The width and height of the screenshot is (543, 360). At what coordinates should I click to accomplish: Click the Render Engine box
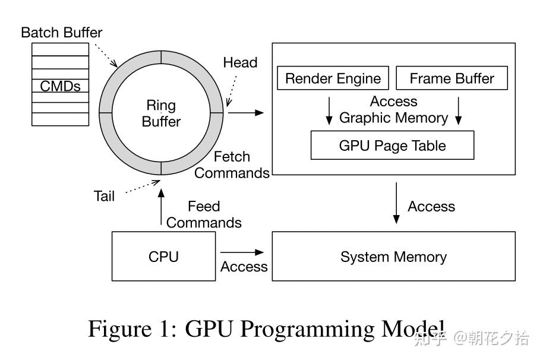tap(333, 78)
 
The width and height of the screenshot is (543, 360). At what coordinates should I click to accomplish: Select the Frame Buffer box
tap(452, 78)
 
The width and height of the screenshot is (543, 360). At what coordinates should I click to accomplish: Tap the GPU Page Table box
tap(392, 145)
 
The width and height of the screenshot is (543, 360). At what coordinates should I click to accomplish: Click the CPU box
tap(163, 257)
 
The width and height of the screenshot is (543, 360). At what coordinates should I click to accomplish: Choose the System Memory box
tap(393, 257)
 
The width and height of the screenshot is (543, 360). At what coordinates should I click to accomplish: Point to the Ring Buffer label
tap(161, 113)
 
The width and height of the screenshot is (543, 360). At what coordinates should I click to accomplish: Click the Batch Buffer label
tap(61, 32)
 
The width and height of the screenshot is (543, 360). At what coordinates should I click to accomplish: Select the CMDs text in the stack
tap(60, 86)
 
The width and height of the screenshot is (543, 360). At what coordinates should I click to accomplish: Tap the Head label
tap(240, 62)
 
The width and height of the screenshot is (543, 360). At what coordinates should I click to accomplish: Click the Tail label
tap(104, 196)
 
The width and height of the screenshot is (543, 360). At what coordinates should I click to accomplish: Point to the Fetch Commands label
tap(232, 165)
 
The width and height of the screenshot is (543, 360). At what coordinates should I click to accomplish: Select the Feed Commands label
tap(204, 214)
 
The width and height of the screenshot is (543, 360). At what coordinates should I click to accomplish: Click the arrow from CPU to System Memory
tap(242, 252)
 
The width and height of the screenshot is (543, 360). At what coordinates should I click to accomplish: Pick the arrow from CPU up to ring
tap(160, 208)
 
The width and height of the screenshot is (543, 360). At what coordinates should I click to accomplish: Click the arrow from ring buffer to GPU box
tap(245, 112)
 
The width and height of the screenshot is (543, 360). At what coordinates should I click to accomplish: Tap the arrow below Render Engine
tap(329, 110)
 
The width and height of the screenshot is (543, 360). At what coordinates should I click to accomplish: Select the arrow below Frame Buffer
tap(458, 110)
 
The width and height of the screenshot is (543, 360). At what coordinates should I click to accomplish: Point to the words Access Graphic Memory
tap(393, 110)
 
